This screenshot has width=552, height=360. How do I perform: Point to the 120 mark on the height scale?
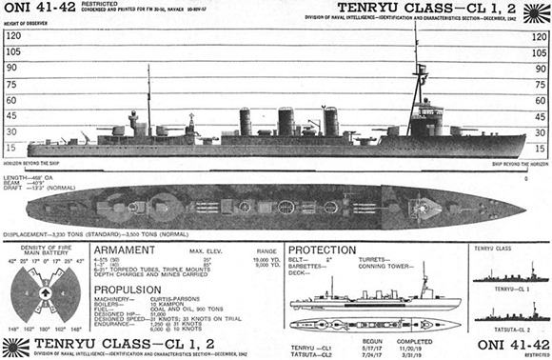(x=14, y=35)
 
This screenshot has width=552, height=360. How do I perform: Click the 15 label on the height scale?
(x=12, y=148)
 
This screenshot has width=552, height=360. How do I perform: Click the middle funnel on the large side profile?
(x=286, y=121)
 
